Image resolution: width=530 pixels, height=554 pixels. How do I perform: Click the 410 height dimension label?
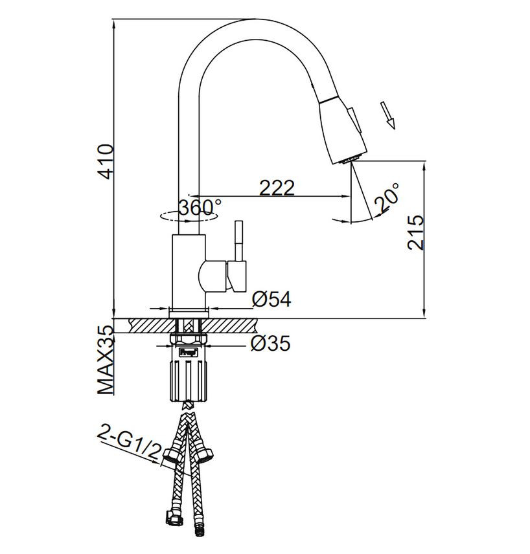106,161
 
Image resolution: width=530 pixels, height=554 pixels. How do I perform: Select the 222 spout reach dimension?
277,188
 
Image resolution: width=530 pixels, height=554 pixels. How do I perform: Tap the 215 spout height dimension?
415,232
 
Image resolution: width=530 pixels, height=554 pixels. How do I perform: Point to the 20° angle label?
386,198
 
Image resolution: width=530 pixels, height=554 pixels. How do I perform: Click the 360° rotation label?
200,207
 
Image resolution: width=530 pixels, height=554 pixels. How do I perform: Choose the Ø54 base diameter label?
271,299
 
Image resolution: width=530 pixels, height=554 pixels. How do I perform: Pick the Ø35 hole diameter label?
270,343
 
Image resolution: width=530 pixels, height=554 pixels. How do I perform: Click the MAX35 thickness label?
106,360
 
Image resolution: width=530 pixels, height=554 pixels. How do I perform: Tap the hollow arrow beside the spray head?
387,115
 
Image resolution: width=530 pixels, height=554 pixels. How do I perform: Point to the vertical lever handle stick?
239,241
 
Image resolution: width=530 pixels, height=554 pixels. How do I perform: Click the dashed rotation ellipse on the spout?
188,216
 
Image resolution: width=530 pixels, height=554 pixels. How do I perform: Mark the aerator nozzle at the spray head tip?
351,160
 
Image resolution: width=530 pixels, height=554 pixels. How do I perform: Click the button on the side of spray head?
354,120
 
